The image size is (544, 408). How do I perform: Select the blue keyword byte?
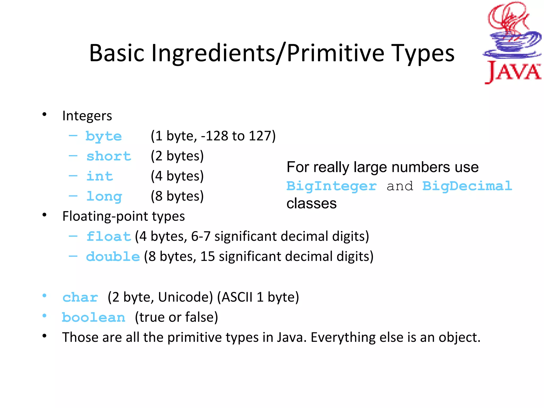point(104,136)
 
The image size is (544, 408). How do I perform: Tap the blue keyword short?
point(109,156)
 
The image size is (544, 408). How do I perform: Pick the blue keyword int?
point(100,176)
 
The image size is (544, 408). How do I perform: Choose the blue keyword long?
point(104,197)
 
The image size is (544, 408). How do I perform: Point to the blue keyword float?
point(109,236)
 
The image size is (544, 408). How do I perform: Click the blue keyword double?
point(113,257)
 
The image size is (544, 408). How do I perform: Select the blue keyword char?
point(80,297)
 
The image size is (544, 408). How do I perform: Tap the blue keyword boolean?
point(93,317)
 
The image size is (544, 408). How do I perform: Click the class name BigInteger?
point(331,186)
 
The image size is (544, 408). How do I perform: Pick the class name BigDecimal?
point(467,186)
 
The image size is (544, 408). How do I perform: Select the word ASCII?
point(237,297)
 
